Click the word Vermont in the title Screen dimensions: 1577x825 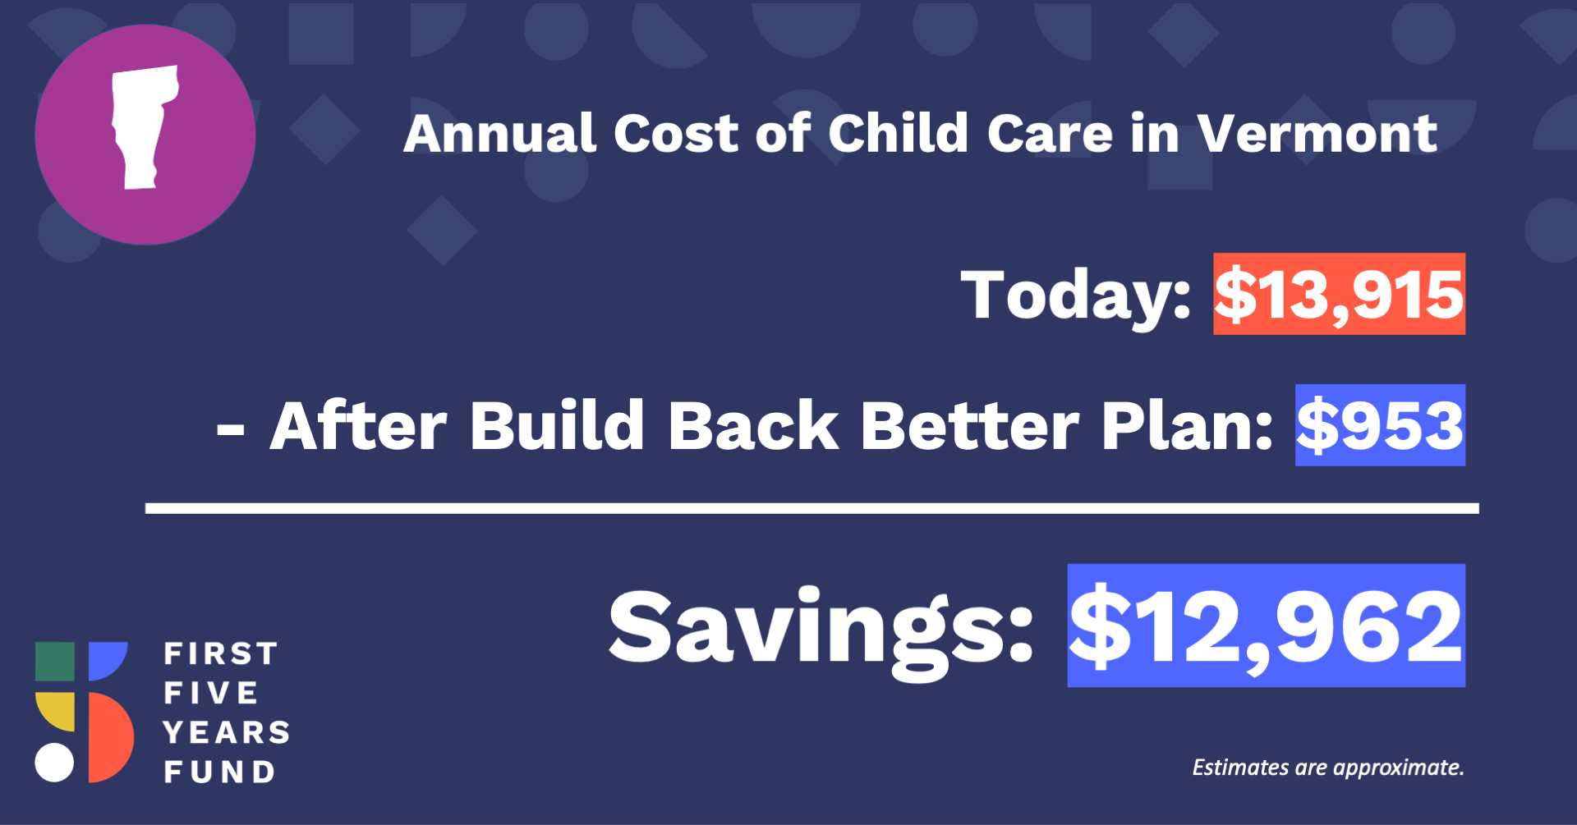[1317, 133]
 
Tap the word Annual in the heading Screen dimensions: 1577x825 [499, 133]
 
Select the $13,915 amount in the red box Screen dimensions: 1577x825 [1339, 294]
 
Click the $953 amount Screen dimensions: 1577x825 [1380, 425]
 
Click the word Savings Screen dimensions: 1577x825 [821, 632]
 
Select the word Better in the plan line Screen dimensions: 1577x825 [969, 426]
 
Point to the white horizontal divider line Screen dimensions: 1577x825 [812, 509]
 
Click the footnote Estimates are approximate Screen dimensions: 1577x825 [1328, 768]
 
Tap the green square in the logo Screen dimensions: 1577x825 [55, 662]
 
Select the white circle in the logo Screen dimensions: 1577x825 [54, 763]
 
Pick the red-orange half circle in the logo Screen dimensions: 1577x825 [110, 737]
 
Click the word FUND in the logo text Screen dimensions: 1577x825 [219, 772]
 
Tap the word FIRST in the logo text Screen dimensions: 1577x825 [221, 654]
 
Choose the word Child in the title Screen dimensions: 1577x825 [898, 133]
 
